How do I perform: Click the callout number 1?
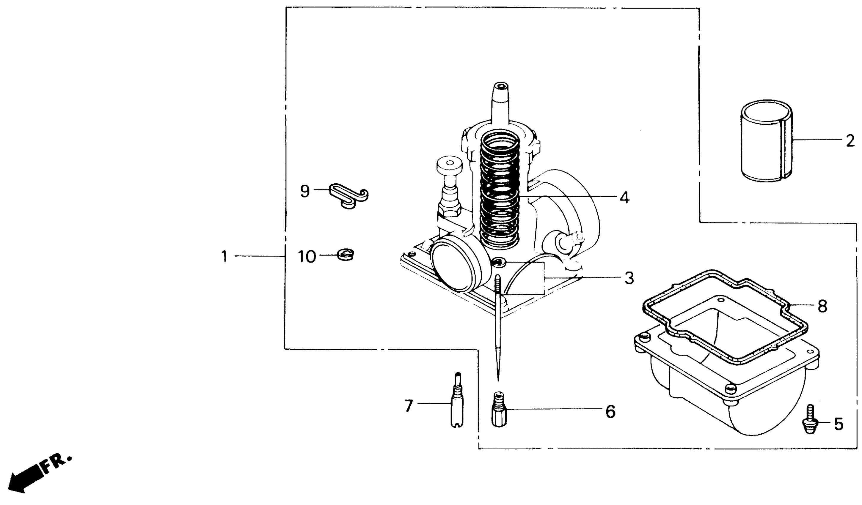click(x=224, y=256)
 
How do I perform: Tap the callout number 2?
click(x=850, y=141)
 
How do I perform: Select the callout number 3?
click(x=629, y=278)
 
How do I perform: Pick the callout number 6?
click(x=610, y=412)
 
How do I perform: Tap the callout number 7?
click(x=409, y=406)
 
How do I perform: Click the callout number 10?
click(x=307, y=257)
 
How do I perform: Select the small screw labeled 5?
click(x=810, y=419)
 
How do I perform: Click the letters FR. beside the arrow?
click(x=56, y=463)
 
